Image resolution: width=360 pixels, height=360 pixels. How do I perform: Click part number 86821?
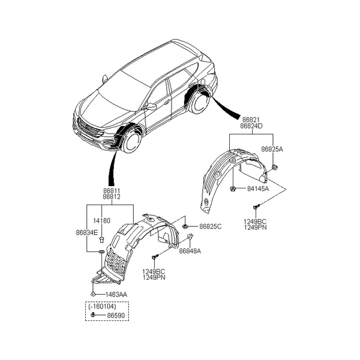coord(251,120)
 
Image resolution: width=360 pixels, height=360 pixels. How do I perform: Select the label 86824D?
coord(251,126)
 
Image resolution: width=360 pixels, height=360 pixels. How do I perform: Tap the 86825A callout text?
coord(272,149)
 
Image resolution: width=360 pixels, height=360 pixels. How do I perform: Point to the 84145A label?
coord(258,189)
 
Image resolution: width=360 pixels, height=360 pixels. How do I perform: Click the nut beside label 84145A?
coord(232,189)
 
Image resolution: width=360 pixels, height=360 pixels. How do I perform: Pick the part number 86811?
coord(112,191)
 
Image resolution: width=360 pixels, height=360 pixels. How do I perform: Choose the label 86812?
coord(112,197)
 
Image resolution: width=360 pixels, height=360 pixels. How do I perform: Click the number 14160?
coord(102,221)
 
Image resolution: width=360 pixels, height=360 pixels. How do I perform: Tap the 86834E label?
coord(87,233)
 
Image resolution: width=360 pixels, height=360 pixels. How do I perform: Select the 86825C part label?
coord(211,227)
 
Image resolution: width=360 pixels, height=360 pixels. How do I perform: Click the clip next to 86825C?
coord(185,227)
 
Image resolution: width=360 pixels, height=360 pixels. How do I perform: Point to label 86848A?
coord(190,251)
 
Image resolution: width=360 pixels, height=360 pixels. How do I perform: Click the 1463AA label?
coord(116,295)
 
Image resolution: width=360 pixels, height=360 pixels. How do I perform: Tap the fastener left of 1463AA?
coord(93,293)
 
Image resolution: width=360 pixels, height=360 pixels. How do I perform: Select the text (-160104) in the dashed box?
coord(102,306)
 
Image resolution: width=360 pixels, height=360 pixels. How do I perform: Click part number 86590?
coord(116,316)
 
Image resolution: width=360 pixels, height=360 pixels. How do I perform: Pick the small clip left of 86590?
coord(93,314)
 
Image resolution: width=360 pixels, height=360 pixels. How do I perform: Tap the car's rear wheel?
coord(199,101)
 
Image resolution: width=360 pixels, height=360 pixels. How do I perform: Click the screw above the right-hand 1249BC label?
coord(256,206)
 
